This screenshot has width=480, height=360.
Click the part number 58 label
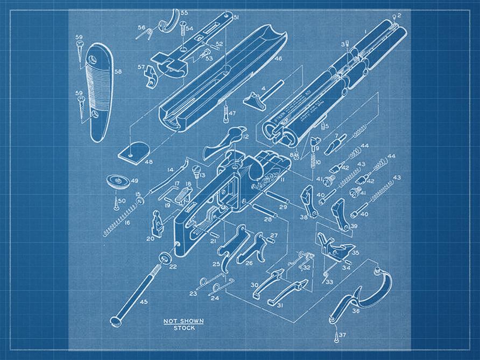coord(118,71)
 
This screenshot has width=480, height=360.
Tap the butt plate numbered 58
coord(100,91)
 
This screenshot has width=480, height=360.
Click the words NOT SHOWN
coord(183,321)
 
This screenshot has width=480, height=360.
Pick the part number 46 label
coord(278,59)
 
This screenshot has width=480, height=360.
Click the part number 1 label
coord(365,32)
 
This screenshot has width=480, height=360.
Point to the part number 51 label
coord(236,18)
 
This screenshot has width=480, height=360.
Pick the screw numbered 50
coord(115,203)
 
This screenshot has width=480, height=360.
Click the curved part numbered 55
coord(171,21)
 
